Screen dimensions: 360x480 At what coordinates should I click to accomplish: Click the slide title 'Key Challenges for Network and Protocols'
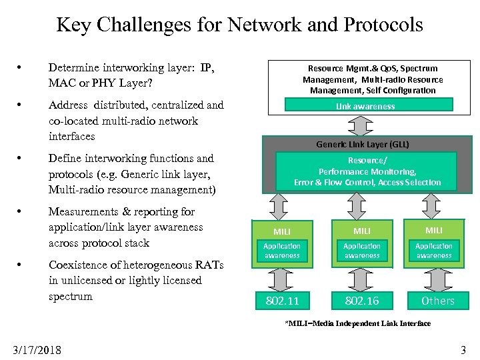pos(239,25)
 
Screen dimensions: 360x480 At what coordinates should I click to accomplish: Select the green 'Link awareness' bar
pos(368,105)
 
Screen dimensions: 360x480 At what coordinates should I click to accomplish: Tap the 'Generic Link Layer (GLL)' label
pos(363,144)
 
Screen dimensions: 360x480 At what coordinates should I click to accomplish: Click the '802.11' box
pos(283,301)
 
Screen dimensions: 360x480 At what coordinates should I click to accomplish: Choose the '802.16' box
pos(362,301)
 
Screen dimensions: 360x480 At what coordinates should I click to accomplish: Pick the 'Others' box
pos(437,301)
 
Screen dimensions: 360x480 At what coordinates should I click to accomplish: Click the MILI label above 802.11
pos(282,231)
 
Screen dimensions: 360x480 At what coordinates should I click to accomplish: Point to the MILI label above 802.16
pos(362,231)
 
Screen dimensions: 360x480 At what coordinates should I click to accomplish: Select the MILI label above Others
pos(434,230)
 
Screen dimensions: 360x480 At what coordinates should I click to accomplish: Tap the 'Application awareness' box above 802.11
pos(282,251)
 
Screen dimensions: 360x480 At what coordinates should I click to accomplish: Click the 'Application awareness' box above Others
pos(434,251)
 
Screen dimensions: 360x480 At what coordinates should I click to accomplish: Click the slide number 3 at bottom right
pos(463,349)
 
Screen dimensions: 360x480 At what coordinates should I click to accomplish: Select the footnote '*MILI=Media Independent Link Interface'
pos(358,323)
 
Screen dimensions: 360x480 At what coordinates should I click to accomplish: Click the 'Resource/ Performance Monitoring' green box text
pos(367,171)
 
